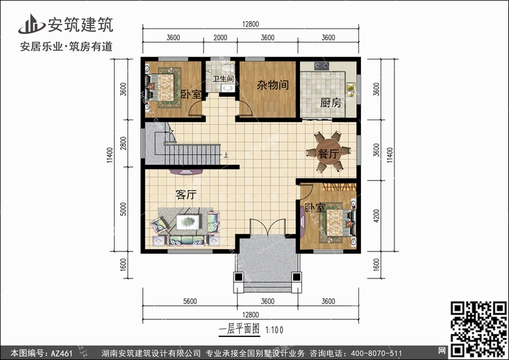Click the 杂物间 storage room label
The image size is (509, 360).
click(x=273, y=85)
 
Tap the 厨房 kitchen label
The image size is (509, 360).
click(x=331, y=103)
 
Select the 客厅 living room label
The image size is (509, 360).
click(x=186, y=195)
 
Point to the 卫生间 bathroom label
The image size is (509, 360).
click(x=223, y=79)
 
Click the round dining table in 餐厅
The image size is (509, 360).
click(x=329, y=151)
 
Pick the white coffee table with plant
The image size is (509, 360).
click(x=188, y=222)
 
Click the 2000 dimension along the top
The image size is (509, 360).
click(x=220, y=37)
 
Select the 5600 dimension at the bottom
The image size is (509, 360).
click(x=190, y=301)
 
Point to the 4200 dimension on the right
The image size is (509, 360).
click(x=376, y=216)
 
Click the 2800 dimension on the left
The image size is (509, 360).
click(x=123, y=143)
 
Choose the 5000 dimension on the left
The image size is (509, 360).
click(x=123, y=209)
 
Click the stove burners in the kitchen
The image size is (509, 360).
click(x=322, y=67)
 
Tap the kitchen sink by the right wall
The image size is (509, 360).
click(x=351, y=90)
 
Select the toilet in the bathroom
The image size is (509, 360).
click(x=229, y=67)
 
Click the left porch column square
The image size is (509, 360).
click(x=239, y=277)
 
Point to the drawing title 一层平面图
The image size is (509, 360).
click(x=240, y=329)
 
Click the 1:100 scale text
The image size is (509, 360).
click(x=275, y=330)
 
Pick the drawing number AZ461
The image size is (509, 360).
click(x=62, y=353)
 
